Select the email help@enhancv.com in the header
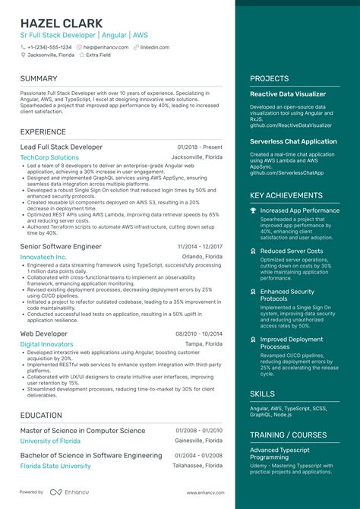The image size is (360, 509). tap(106, 46)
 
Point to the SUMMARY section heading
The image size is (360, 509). tap(39, 78)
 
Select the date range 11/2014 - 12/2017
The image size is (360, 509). tap(200, 247)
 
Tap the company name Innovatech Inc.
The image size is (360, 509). tap(43, 258)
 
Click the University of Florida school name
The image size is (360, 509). tap(50, 441)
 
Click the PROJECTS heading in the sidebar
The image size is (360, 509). tap(270, 78)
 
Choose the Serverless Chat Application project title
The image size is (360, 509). tap(293, 141)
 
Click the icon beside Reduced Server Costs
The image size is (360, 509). tap(254, 251)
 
